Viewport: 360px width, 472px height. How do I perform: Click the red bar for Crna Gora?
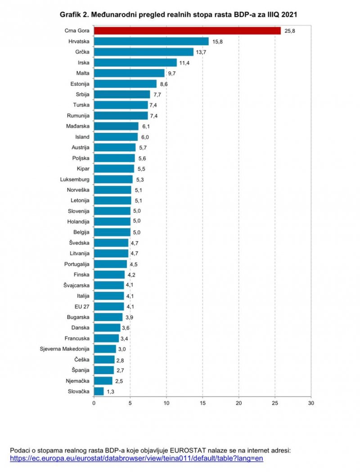[x=187, y=31]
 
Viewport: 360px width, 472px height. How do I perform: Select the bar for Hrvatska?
[x=151, y=41]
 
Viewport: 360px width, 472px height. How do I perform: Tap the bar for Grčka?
[x=144, y=52]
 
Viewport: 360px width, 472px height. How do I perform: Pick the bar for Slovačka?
[x=99, y=391]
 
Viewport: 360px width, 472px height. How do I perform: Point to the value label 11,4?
[x=185, y=63]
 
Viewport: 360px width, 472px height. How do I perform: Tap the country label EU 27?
[x=82, y=306]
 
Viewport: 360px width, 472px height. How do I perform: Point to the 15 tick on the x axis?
[x=202, y=403]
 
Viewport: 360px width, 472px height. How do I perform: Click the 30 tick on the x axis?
[x=311, y=403]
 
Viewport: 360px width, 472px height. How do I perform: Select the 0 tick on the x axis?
[x=94, y=403]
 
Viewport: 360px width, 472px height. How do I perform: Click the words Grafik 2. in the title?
[x=74, y=15]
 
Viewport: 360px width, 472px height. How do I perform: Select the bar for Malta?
[x=129, y=73]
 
